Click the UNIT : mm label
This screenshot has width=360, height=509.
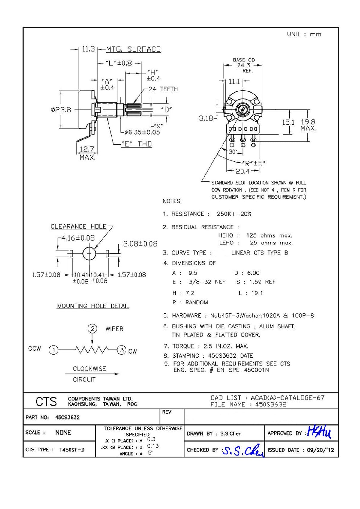click(304, 34)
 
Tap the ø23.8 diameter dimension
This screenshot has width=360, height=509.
click(61, 110)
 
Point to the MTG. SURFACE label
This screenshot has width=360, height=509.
click(133, 49)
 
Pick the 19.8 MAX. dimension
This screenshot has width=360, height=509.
click(308, 125)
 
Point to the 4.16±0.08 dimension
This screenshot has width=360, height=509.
click(78, 238)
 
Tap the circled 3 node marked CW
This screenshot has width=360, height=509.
click(121, 350)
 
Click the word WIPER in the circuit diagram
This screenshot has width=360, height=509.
click(114, 329)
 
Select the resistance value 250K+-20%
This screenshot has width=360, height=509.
click(234, 214)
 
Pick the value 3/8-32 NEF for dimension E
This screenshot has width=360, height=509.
click(207, 282)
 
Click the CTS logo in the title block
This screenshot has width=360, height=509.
click(46, 402)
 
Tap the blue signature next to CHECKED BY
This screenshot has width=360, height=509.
click(243, 450)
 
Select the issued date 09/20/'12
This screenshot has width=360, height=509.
click(320, 450)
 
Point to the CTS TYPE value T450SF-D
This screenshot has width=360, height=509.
click(72, 450)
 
